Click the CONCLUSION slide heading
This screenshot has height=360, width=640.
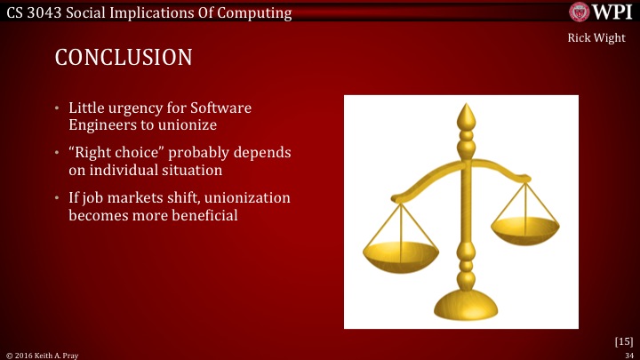point(124,58)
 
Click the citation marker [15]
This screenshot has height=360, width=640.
point(623,340)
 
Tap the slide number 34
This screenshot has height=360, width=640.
point(627,354)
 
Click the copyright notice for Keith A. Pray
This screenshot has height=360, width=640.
point(40,354)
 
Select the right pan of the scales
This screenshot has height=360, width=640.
point(524,229)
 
